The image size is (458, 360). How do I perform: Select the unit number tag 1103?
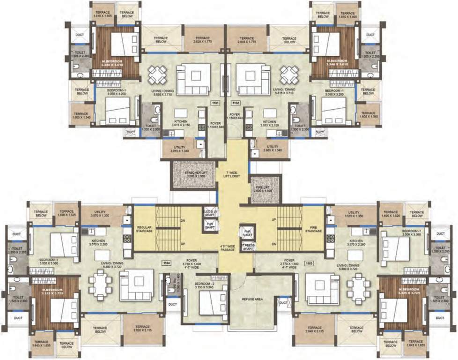pos(296,264)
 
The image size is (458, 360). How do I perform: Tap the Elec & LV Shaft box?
pos(210,211)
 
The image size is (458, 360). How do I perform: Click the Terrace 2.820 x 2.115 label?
pos(142,329)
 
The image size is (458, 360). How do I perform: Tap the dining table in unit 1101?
pos(158,74)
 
